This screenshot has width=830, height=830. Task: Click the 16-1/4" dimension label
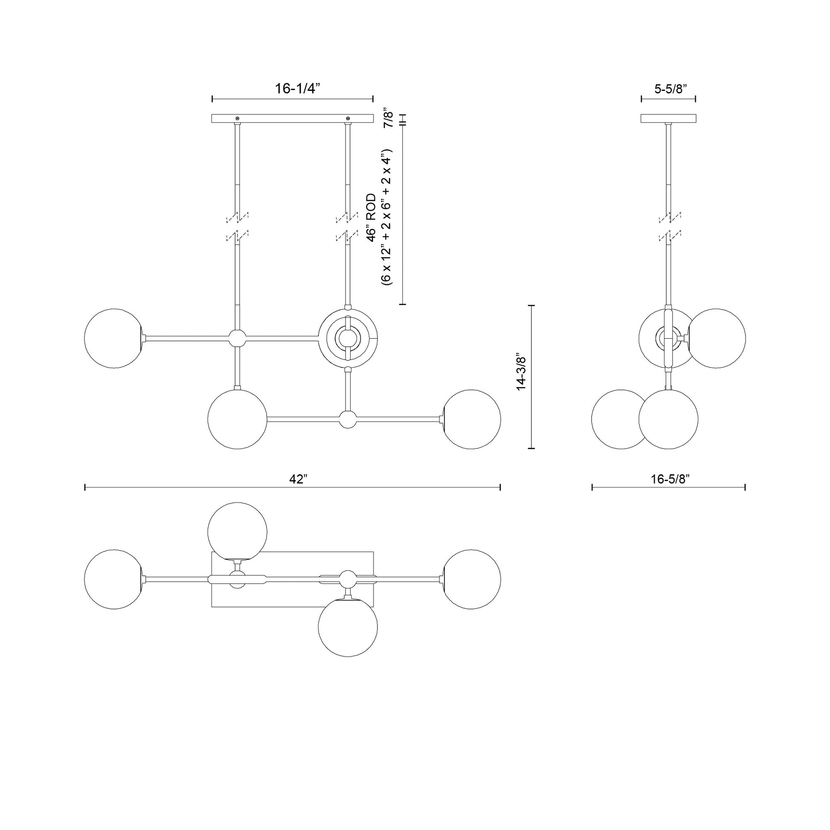coord(297,88)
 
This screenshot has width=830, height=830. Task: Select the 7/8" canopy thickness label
coord(389,117)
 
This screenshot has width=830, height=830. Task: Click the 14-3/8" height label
coord(521,374)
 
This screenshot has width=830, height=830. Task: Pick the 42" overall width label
coord(298,479)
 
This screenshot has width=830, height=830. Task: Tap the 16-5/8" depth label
coord(670,479)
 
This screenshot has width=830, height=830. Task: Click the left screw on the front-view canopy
coord(237,118)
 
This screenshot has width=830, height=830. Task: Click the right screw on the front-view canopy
coord(348,118)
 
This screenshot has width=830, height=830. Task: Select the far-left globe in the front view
coord(114,339)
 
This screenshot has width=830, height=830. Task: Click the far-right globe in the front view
coord(471,419)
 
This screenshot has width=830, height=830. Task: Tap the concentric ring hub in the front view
coord(348,339)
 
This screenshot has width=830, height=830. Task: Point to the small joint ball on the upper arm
coord(237,339)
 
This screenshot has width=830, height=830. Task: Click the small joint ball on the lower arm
coord(348,419)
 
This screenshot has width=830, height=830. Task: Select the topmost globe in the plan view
coord(237,532)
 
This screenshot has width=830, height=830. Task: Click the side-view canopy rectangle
coord(668,119)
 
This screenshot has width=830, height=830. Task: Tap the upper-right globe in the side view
coord(716,338)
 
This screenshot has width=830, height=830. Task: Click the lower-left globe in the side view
coord(620,419)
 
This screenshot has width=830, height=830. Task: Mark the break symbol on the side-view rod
coord(669,226)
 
